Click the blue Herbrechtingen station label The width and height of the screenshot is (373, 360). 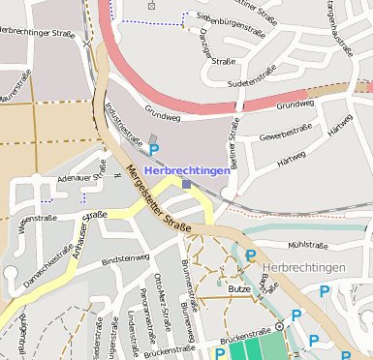point(187,170)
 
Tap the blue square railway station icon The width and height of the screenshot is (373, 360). point(187,183)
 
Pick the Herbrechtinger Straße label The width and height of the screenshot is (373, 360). point(41,33)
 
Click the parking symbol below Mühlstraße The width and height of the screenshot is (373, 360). point(252,255)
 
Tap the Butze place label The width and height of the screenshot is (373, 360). point(238,288)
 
